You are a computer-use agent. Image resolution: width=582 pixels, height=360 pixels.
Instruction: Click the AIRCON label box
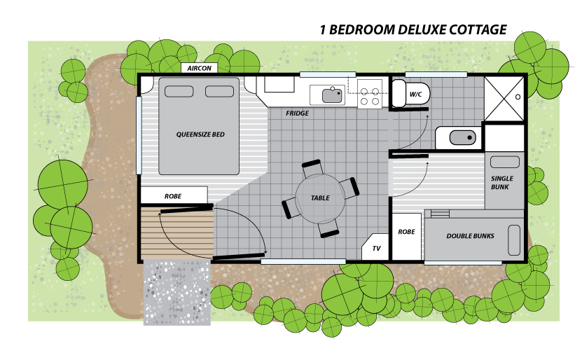(199, 68)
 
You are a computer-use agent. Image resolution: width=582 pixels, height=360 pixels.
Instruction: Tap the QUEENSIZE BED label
(200, 134)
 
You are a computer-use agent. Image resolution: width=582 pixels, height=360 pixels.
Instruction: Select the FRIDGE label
(297, 113)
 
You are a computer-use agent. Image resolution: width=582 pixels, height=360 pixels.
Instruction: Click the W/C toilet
(411, 94)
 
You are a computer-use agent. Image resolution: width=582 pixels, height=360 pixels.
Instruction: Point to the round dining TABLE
(320, 198)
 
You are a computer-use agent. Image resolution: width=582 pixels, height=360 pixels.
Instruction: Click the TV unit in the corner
(375, 247)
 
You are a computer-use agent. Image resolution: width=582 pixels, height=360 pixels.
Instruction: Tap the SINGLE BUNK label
(501, 183)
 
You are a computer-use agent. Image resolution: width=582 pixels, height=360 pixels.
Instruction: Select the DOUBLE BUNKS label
(470, 235)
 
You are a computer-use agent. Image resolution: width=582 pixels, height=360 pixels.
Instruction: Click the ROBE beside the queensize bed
(174, 195)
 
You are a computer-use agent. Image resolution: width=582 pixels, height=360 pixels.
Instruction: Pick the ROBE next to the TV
(407, 237)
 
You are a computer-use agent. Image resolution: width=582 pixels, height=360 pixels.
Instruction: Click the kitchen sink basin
(332, 96)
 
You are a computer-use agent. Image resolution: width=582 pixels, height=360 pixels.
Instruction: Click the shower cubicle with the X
(504, 99)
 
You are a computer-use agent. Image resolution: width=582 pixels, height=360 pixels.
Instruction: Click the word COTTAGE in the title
(478, 29)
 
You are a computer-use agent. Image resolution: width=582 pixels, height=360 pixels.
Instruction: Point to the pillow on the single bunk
(505, 162)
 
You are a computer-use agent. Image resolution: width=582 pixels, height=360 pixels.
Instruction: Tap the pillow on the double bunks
(514, 240)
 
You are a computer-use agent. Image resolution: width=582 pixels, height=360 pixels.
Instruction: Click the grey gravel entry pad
(177, 292)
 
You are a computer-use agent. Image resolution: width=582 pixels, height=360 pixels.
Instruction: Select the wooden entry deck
(177, 233)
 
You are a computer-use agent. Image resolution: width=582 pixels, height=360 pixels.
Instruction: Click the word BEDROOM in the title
(366, 29)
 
